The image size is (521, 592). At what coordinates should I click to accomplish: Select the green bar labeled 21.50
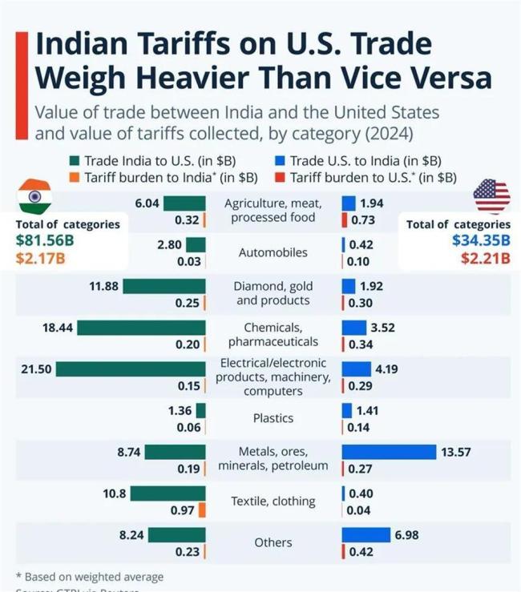coord(131,369)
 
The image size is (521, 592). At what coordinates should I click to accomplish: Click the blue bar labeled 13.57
coord(389,453)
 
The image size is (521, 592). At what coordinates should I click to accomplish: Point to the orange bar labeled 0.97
coord(202,509)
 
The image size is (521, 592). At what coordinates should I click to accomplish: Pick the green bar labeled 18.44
coord(142,328)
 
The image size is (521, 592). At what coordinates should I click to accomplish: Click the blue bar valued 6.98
coord(366,535)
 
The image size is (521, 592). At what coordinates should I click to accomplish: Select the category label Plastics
coord(273,418)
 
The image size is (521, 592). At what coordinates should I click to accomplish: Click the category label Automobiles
coord(273,252)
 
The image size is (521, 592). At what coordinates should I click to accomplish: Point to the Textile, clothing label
coord(273,501)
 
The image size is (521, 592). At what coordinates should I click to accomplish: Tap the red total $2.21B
coord(485,257)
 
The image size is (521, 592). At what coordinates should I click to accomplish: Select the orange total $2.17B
coord(40,258)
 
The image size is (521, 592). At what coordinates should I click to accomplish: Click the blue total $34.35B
coord(481,240)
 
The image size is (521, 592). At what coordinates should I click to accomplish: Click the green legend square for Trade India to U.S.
coord(75,160)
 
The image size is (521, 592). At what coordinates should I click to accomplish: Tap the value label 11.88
coord(104,286)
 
